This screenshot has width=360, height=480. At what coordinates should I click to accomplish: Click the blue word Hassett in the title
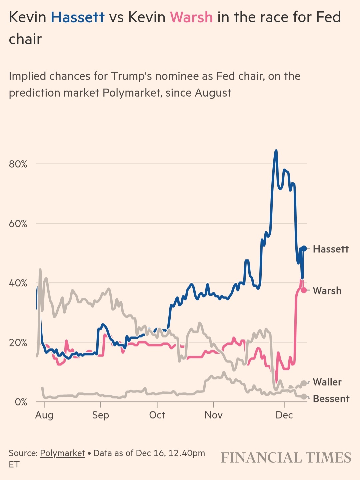click(78, 17)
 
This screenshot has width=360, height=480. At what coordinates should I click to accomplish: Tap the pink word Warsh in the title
click(191, 17)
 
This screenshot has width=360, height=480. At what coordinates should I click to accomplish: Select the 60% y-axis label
click(18, 224)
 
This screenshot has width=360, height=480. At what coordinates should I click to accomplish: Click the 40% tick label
click(18, 283)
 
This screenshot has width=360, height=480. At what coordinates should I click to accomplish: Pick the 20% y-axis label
click(18, 343)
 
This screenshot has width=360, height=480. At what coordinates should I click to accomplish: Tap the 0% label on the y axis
click(21, 402)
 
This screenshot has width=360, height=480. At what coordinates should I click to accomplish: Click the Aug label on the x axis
click(44, 415)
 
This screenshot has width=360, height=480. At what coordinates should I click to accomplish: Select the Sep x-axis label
click(101, 415)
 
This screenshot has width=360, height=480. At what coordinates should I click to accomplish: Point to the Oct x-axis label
click(157, 415)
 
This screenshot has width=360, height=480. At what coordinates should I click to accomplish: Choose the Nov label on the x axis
click(213, 415)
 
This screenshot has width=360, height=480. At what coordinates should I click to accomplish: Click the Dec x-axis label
click(284, 415)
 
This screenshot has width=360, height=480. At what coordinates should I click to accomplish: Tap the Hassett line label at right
click(331, 249)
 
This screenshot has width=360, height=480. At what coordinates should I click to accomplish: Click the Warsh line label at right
click(327, 291)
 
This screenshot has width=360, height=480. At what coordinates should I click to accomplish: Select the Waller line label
click(327, 382)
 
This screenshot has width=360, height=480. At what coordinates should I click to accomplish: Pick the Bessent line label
click(331, 399)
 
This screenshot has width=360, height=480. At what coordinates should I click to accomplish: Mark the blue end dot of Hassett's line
click(304, 248)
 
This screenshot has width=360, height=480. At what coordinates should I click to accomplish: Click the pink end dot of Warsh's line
click(304, 290)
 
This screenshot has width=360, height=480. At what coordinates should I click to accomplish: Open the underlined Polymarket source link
click(62, 453)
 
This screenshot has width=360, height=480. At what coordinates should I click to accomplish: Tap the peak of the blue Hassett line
click(276, 151)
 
